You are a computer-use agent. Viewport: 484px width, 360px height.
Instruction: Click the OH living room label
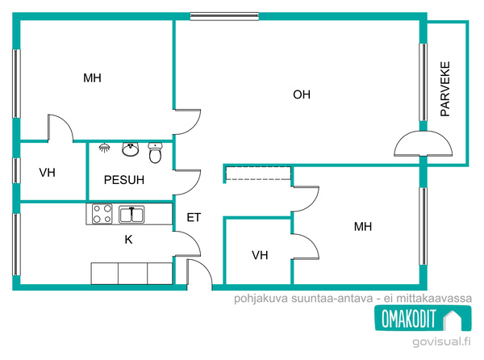coord(302,94)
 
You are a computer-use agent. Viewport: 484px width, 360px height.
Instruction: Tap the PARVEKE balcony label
coord(445,89)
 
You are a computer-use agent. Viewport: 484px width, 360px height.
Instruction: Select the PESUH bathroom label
coord(124,180)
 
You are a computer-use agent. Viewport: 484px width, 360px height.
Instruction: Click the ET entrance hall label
coord(194,217)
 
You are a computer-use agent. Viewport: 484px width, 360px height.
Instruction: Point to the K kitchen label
coord(129,239)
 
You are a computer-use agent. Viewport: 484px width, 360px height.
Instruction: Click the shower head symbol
coord(105,148)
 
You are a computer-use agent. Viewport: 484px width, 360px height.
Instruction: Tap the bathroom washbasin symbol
coord(131,149)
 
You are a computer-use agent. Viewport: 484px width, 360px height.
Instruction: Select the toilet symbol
coord(155,153)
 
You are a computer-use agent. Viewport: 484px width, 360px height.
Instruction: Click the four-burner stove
coord(102,214)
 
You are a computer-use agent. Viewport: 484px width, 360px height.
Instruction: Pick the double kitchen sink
coord(131,214)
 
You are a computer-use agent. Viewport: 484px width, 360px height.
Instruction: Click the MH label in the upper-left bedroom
coord(92,77)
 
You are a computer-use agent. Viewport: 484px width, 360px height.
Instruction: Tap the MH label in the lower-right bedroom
coord(363,227)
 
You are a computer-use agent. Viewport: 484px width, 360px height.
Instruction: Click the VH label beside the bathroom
coord(48,173)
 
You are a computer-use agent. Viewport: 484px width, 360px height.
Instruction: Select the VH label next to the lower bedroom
coord(260,255)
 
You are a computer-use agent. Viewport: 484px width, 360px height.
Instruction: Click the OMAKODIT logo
coord(423,318)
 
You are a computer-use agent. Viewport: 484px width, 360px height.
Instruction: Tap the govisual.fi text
coord(442,341)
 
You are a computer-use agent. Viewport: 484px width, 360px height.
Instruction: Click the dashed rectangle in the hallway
coord(258,174)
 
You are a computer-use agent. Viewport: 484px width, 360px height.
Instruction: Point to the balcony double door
coord(423,143)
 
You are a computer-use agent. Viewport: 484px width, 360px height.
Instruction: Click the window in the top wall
coord(224,16)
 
